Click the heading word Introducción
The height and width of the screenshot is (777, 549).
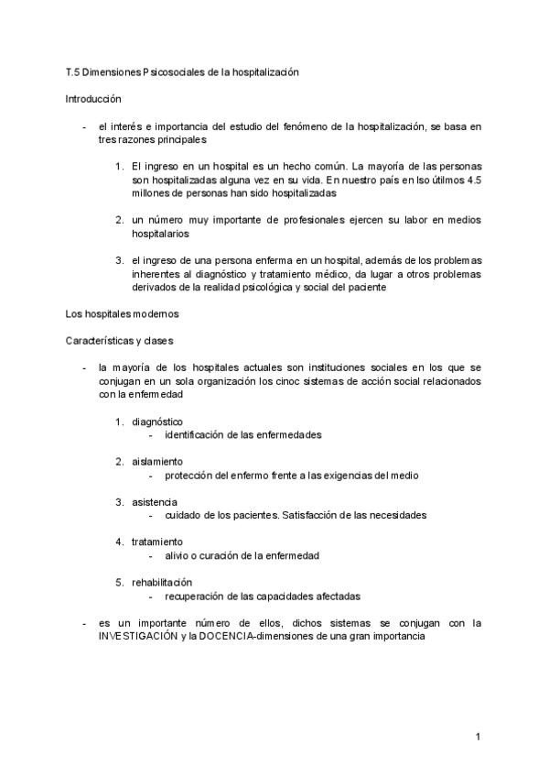(x=93, y=97)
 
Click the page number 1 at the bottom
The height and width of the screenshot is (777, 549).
(x=478, y=736)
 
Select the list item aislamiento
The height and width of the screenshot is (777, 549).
(x=157, y=461)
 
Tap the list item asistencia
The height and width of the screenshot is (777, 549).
(x=155, y=501)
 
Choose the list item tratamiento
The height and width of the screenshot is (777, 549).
(x=157, y=542)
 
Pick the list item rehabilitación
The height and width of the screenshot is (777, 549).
(x=162, y=582)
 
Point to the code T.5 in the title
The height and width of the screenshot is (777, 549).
(x=73, y=71)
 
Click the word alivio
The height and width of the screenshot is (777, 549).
(x=178, y=555)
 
